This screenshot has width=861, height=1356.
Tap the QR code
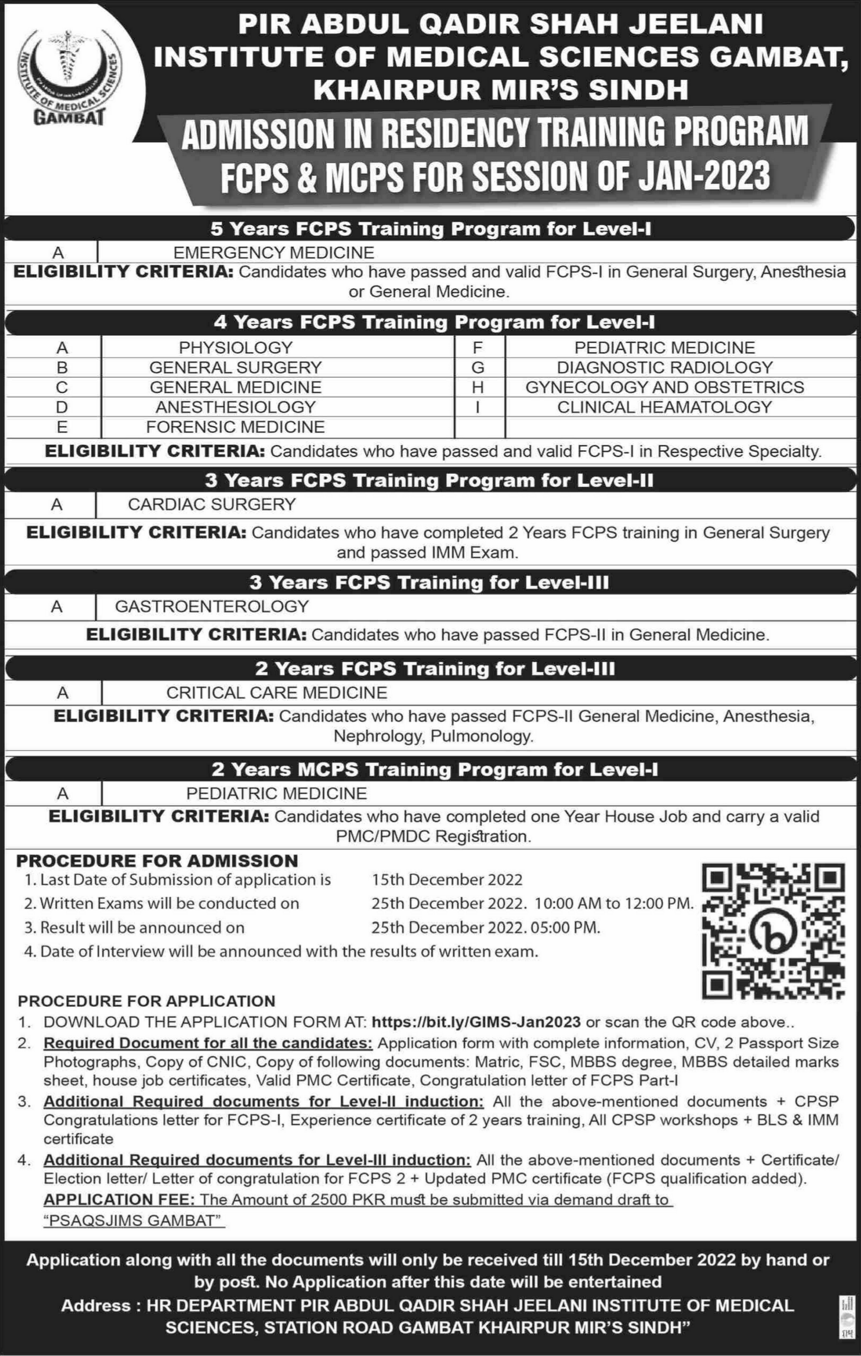coord(773,932)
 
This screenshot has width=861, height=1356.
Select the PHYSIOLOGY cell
coord(236,347)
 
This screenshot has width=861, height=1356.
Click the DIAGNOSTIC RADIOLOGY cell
coord(665,368)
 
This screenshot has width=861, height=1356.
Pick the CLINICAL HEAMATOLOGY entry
coord(665,407)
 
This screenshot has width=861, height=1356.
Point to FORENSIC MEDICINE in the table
coord(236,427)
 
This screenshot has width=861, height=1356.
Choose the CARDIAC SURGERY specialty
coord(212,504)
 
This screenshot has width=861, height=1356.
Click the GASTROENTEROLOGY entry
coord(212,606)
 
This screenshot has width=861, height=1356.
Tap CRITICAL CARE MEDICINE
coord(277,692)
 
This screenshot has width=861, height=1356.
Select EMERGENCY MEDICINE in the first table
coord(274,253)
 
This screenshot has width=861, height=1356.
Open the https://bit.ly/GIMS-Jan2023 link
coord(476,1022)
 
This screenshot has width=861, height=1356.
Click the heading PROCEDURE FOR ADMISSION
coord(157,860)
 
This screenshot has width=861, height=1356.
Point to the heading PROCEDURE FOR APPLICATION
coord(147,1000)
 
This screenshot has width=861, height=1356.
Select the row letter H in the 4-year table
coord(478,387)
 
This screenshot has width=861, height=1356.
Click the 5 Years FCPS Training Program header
coord(431,229)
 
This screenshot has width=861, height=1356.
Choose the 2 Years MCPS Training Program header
coord(434,769)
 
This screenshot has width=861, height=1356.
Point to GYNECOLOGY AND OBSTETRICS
coord(665,387)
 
